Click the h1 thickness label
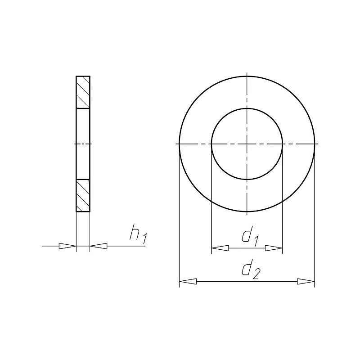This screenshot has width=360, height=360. coord(138,234)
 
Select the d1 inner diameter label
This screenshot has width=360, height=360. coord(250,235)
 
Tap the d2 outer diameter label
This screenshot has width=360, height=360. coord(251,269)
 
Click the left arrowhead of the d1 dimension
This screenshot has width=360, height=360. coord(220,248)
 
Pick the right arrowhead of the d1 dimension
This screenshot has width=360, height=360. coord(274,248)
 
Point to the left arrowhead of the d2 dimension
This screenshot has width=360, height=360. coord(188,281)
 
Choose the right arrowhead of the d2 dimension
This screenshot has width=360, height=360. coord(306,281)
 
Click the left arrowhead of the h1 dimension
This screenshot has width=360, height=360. coord(67,246)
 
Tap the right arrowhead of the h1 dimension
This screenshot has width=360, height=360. coord(99,246)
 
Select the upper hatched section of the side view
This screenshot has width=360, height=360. coord(83,92)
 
